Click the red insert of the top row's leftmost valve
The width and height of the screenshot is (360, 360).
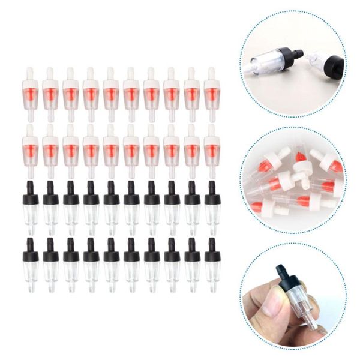(30, 94)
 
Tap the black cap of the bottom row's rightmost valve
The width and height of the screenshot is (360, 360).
(211, 254)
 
